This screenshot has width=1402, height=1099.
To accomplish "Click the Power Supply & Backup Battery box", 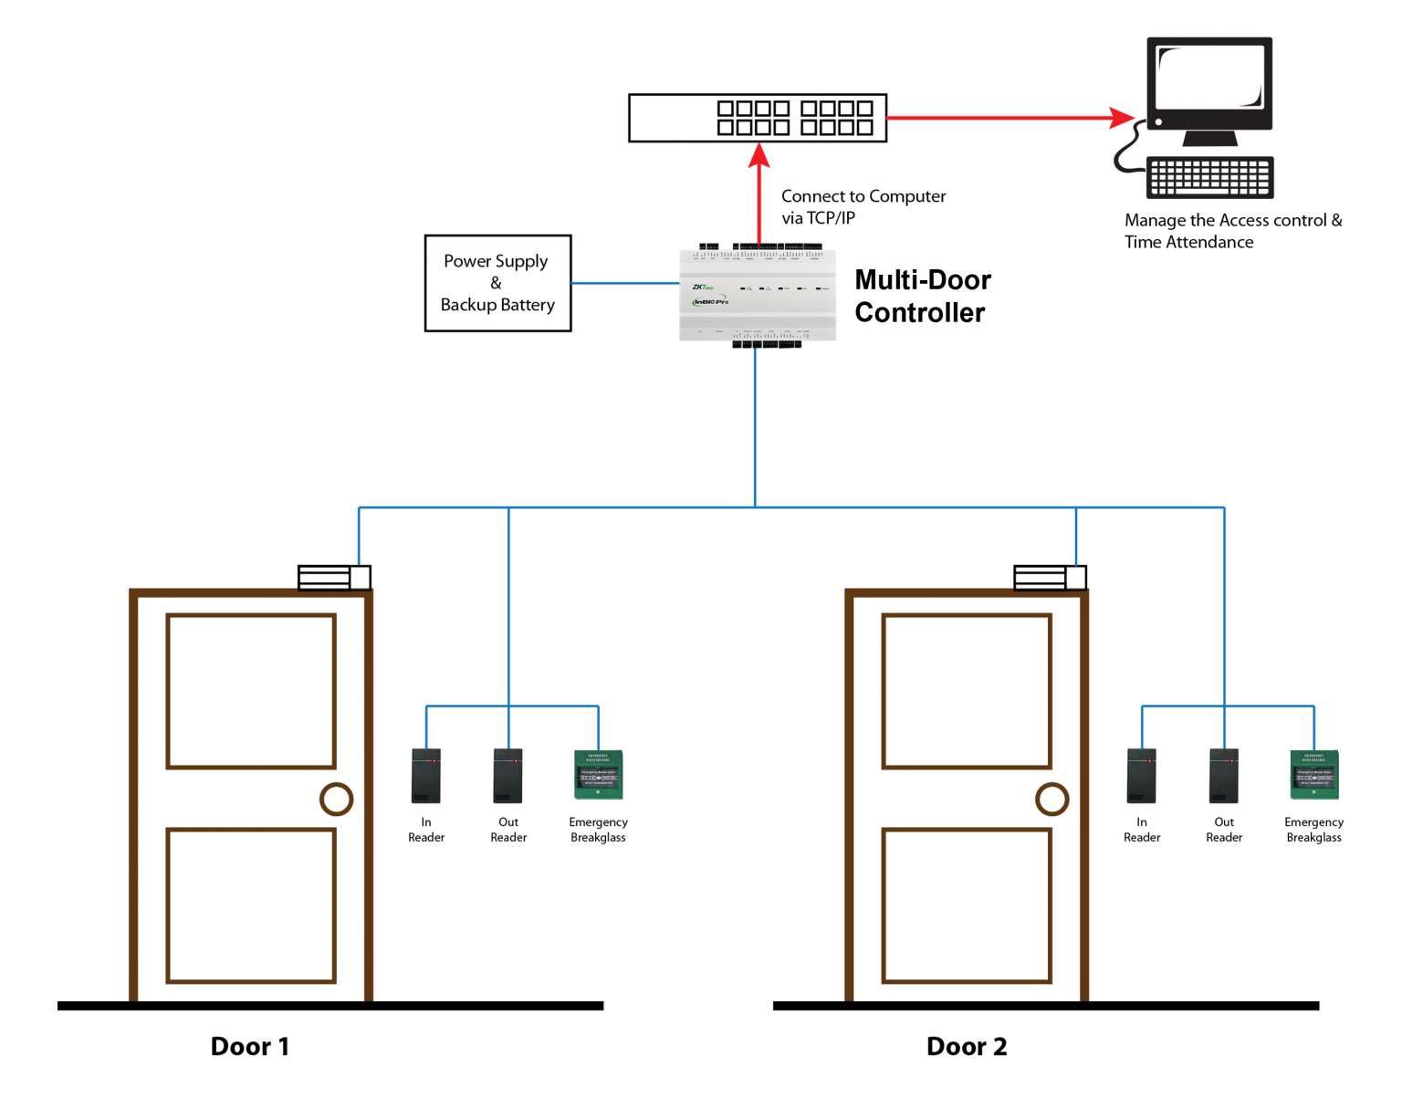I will pos(497,283).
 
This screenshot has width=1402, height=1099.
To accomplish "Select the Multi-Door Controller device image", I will pos(757,295).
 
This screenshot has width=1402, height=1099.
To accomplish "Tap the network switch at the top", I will pos(757,118).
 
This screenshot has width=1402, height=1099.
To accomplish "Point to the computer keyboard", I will pos(1209,176).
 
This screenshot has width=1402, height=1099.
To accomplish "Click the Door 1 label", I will pos(249,1046).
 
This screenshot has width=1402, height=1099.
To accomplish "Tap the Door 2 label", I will pos(966,1046).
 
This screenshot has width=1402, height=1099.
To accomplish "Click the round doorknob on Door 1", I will pos(336,800).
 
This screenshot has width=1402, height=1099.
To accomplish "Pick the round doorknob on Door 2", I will pos(1051,800).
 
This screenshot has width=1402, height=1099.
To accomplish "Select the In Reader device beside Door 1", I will pos(425,776).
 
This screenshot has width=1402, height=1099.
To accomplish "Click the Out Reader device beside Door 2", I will pos(1223,776).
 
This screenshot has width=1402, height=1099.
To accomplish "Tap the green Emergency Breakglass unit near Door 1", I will pos(598,775).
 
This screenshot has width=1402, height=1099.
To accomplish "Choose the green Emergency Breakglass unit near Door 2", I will pos(1313,775).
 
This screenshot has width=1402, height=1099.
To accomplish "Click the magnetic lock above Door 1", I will pos(334,578).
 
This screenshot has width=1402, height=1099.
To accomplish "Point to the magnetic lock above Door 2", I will pos(1050,578).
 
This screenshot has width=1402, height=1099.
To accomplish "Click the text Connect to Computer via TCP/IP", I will pos(863,207).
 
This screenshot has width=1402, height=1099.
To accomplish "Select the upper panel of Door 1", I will pos(251,691).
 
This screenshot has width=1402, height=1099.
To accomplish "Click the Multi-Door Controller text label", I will pos(922,296).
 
